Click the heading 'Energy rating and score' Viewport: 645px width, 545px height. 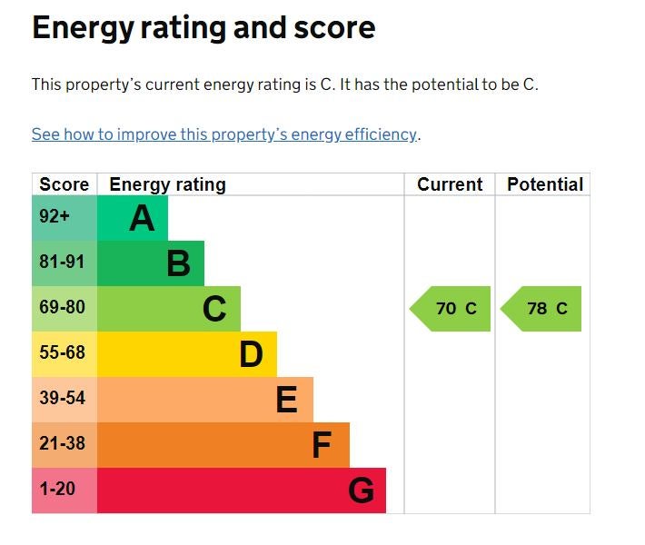(x=203, y=28)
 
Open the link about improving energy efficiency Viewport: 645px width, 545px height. (x=224, y=134)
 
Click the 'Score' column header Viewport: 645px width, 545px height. (x=64, y=184)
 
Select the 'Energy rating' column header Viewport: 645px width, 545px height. (x=167, y=184)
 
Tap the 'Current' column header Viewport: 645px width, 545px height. (x=450, y=184)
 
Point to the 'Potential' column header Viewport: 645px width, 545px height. (x=544, y=184)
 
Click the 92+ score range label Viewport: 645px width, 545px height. (x=55, y=217)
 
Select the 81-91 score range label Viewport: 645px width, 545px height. (x=62, y=263)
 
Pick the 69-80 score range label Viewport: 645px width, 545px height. (x=62, y=308)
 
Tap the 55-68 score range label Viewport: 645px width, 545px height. (x=62, y=353)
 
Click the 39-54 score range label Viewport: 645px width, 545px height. (x=62, y=399)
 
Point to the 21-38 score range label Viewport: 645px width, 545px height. (x=62, y=444)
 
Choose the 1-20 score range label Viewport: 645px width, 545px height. (x=57, y=490)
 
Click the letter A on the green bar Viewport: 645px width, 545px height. (x=142, y=218)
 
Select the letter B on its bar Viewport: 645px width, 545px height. (x=178, y=263)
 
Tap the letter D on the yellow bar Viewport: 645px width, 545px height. (x=251, y=354)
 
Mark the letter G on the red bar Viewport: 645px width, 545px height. (x=361, y=490)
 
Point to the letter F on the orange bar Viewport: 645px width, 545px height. (x=322, y=445)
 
